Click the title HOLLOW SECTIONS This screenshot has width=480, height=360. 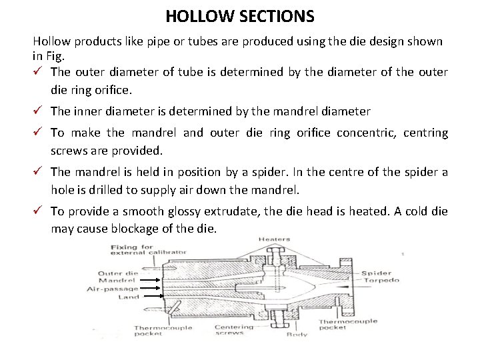[x=240, y=15]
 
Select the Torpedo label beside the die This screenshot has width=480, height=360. [x=381, y=281]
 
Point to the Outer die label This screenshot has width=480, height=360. [x=118, y=273]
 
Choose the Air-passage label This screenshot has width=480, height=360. [x=113, y=289]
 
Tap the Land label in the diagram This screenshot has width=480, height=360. [x=129, y=297]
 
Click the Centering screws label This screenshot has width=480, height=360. [x=234, y=331]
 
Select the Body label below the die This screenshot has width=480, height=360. [x=297, y=335]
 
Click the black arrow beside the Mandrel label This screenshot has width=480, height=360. [x=152, y=281]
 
